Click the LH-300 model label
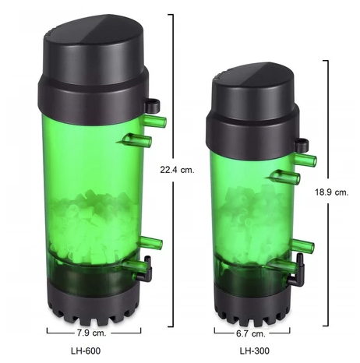tap(254, 351)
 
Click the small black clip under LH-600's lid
tap(154, 103)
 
